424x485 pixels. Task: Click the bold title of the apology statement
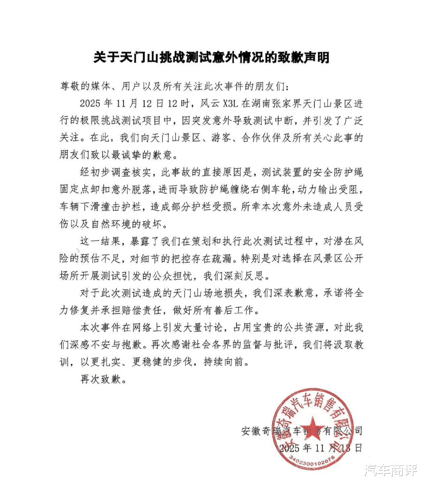click(x=212, y=57)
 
